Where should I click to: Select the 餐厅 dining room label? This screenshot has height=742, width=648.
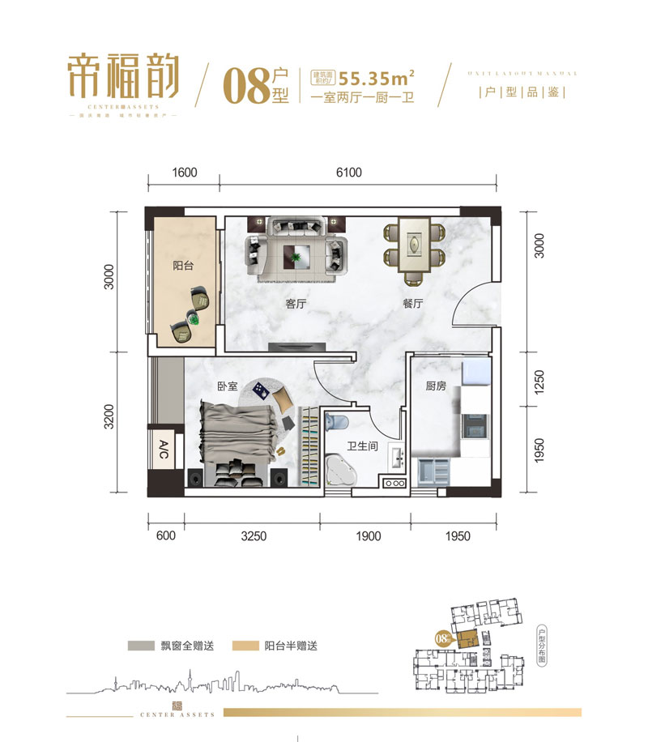(413, 305)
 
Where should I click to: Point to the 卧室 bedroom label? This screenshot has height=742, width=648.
(227, 386)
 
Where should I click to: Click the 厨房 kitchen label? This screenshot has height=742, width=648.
(437, 386)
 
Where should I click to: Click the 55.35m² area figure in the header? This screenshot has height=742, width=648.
(378, 79)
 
